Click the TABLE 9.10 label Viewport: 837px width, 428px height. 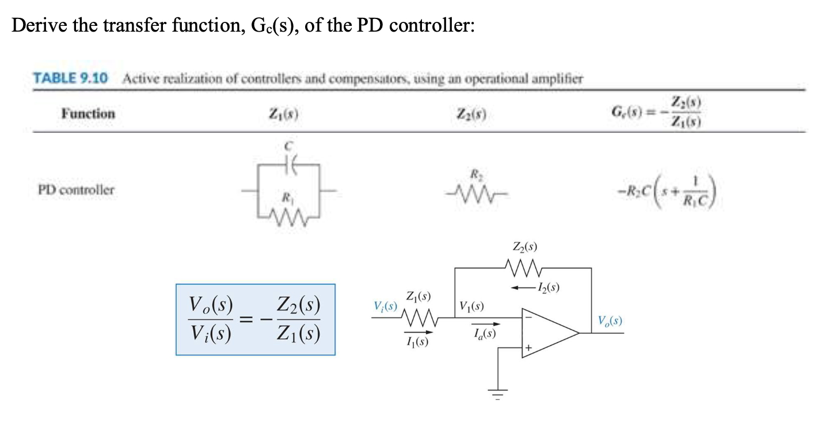70,79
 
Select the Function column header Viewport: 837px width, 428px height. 88,113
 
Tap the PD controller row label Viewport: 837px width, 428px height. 76,189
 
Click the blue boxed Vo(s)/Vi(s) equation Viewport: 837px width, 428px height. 255,319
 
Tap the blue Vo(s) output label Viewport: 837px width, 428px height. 610,320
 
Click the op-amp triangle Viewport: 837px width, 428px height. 547,333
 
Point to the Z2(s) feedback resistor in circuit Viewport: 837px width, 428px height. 523,267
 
